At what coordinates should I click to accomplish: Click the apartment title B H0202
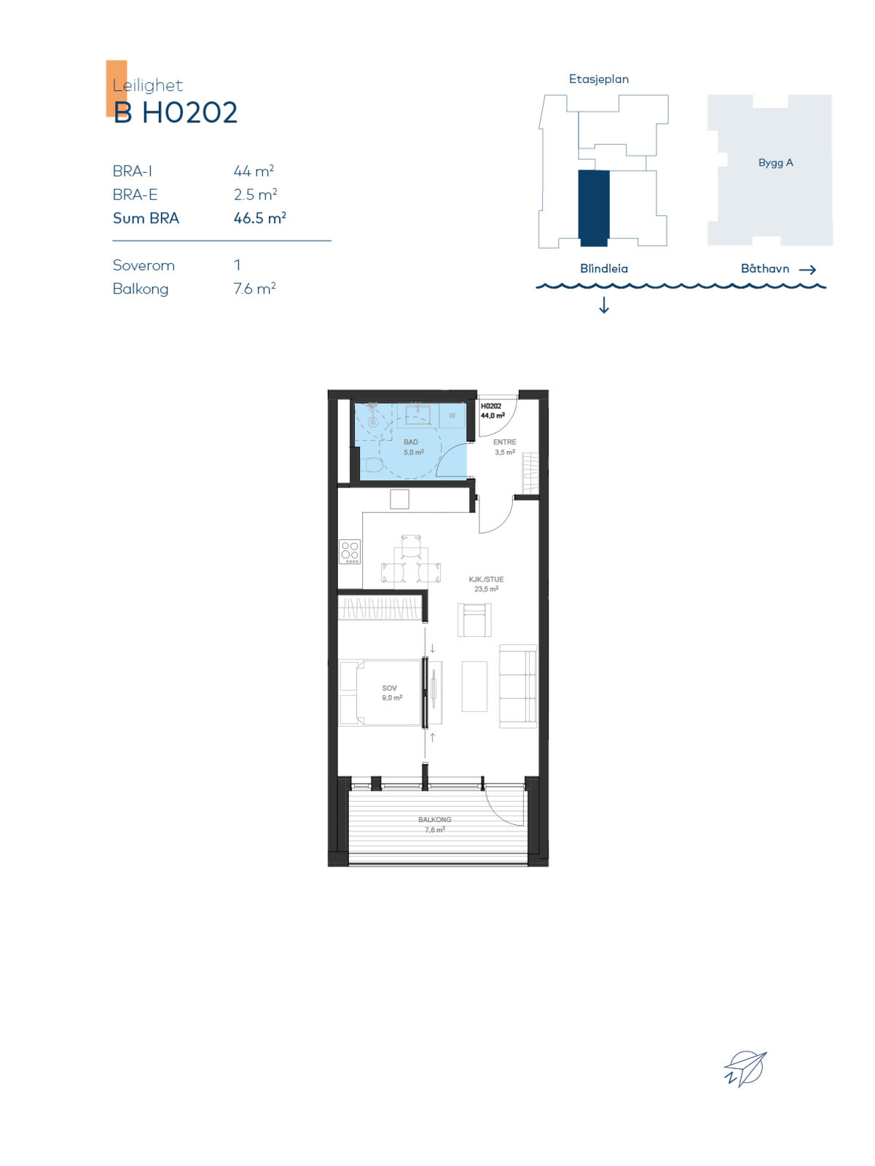[x=175, y=113]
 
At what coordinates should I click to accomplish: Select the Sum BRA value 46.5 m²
[x=259, y=218]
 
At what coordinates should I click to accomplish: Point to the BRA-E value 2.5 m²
[x=256, y=195]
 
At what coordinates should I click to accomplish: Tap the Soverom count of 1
[x=238, y=265]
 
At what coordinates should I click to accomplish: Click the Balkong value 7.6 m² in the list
[x=255, y=289]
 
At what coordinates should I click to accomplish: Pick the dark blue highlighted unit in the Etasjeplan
[x=594, y=208]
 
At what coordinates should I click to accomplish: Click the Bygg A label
[x=775, y=163]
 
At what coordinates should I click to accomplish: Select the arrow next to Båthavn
[x=807, y=270]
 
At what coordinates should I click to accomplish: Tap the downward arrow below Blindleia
[x=604, y=305]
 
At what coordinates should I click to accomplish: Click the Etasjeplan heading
[x=599, y=79]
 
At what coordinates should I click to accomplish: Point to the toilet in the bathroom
[x=372, y=466]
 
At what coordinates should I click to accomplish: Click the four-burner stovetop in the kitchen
[x=350, y=552]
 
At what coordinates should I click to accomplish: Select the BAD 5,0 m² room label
[x=413, y=447]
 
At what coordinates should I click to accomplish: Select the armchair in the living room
[x=474, y=619]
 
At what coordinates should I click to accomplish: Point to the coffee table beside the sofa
[x=474, y=686]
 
